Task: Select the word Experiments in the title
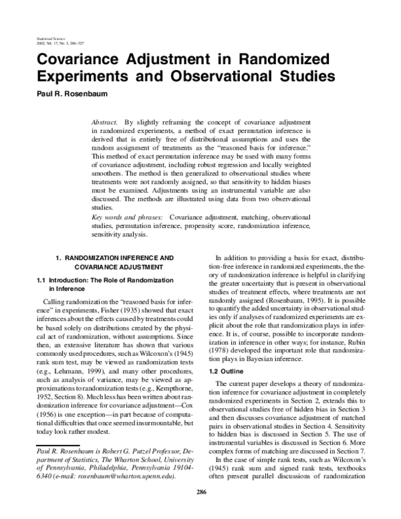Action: (x=84, y=76)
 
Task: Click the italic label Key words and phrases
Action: (x=128, y=217)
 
